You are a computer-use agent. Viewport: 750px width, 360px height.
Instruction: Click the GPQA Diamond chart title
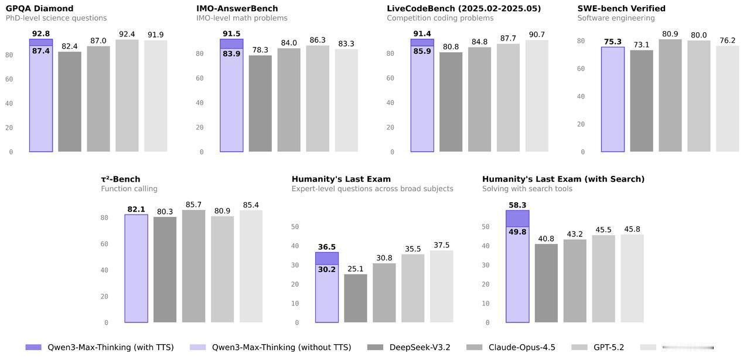click(x=40, y=9)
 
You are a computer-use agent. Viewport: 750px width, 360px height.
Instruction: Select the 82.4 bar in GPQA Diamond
click(x=70, y=101)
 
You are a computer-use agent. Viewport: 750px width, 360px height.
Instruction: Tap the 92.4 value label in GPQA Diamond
click(x=127, y=35)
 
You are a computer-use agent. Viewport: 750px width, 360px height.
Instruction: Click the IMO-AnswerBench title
click(x=237, y=9)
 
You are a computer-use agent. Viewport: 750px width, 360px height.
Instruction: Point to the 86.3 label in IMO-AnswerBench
click(x=318, y=40)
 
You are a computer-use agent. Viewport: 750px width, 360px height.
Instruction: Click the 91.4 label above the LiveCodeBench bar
click(x=422, y=34)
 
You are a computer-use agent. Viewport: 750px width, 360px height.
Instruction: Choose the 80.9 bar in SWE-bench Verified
click(x=670, y=95)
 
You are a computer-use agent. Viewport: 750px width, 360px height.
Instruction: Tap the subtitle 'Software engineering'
click(x=616, y=18)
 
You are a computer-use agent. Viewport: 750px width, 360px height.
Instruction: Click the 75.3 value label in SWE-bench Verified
click(x=613, y=42)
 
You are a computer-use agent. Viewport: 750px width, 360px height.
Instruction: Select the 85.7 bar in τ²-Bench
click(x=193, y=266)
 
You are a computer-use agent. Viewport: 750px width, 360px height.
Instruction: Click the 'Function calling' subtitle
click(x=129, y=189)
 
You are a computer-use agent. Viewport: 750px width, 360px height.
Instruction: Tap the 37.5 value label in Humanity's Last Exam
click(x=442, y=245)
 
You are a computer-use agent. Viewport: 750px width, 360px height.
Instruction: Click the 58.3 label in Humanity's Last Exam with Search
click(x=517, y=205)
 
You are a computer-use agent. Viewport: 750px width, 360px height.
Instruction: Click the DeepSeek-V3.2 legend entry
click(x=409, y=348)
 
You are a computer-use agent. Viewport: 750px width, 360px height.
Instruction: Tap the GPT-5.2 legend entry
click(x=598, y=348)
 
